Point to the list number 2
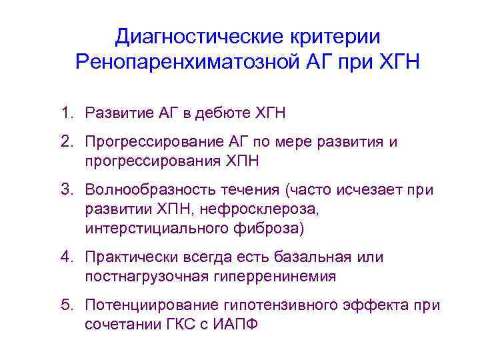tap(67, 143)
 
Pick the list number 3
tap(67, 191)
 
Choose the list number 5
tap(67, 305)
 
